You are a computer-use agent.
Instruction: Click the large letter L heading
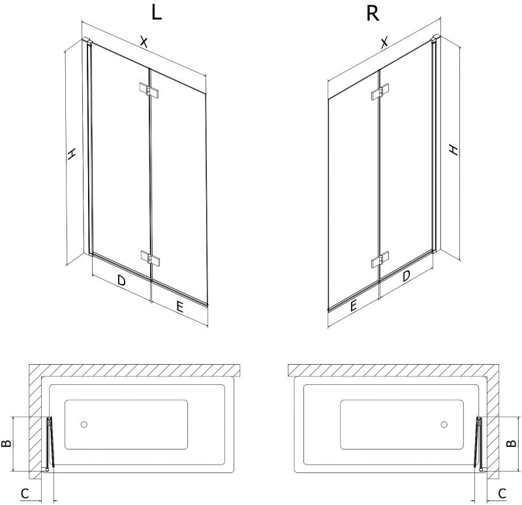pyautogui.click(x=157, y=13)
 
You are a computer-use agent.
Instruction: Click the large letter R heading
pyautogui.click(x=373, y=13)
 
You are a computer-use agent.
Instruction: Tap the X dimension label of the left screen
pyautogui.click(x=144, y=42)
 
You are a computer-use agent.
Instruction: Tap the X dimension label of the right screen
pyautogui.click(x=384, y=42)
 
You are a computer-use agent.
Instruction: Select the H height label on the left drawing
pyautogui.click(x=72, y=153)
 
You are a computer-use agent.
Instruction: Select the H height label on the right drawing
pyautogui.click(x=453, y=150)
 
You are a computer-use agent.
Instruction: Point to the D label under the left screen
pyautogui.click(x=121, y=281)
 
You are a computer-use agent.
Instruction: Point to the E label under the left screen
pyautogui.click(x=179, y=307)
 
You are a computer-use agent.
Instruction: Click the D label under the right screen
pyautogui.click(x=406, y=275)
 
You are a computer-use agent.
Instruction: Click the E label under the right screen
pyautogui.click(x=353, y=305)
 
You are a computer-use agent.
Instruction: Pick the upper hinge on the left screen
pyautogui.click(x=149, y=90)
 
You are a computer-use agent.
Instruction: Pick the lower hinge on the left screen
pyautogui.click(x=150, y=258)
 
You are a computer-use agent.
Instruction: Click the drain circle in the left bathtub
pyautogui.click(x=84, y=425)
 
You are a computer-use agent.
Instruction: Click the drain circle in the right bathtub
pyautogui.click(x=444, y=425)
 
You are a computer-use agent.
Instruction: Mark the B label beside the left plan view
pyautogui.click(x=7, y=443)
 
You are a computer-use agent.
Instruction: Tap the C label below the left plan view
pyautogui.click(x=25, y=493)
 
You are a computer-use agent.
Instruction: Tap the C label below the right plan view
pyautogui.click(x=502, y=493)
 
